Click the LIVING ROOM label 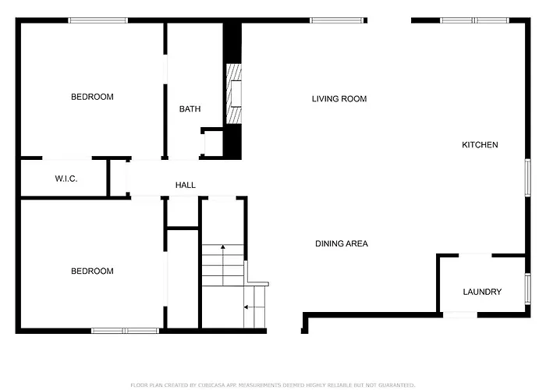coord(339,99)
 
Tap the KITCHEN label coord(480,145)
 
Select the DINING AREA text coord(342,243)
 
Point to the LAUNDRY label coord(482,292)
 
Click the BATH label coord(190,109)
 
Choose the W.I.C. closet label coord(66,179)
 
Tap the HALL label coord(186,186)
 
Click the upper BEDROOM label coord(92,97)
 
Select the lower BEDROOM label coord(92,271)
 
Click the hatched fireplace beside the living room coord(234,94)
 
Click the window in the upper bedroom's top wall coord(97,20)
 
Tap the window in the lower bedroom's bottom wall coord(126,331)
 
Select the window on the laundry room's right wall coord(528,289)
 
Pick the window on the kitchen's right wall coord(528,178)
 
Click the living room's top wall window coord(337,20)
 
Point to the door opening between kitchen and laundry coord(475,256)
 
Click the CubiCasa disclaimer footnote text coord(273,385)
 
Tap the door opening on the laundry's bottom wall coord(460,315)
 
